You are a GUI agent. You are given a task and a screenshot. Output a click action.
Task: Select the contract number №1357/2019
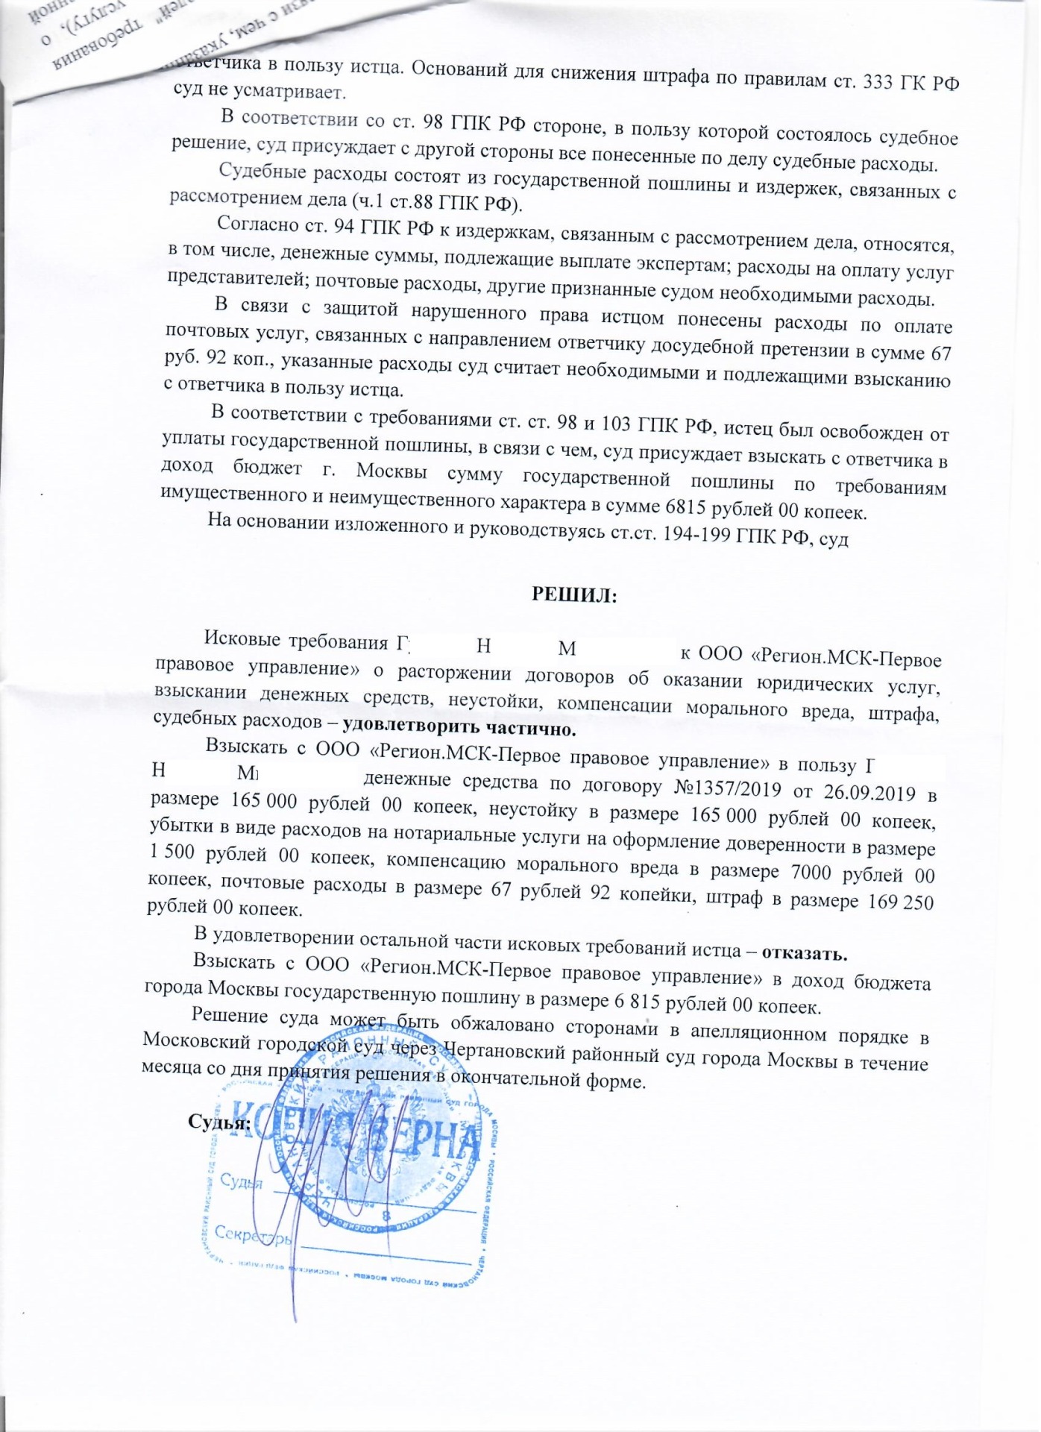point(728,788)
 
